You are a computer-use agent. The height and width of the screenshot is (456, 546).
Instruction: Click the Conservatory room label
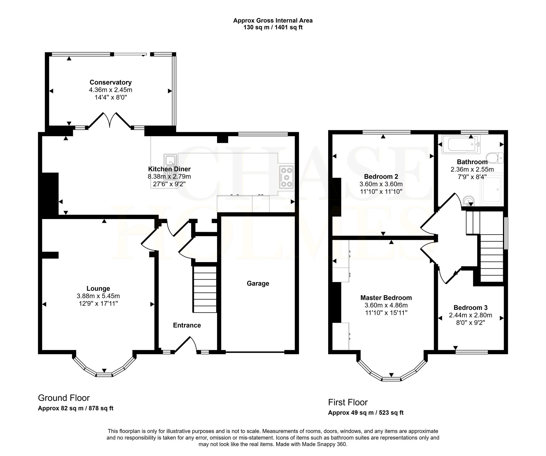pyautogui.click(x=111, y=82)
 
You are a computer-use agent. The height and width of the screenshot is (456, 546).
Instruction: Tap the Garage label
pyautogui.click(x=258, y=283)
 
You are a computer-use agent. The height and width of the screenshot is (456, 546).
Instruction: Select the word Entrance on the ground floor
pyautogui.click(x=187, y=325)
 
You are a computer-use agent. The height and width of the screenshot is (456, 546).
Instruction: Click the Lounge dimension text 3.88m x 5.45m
pyautogui.click(x=98, y=296)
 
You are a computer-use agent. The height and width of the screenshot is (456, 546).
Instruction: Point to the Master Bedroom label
pyautogui.click(x=386, y=298)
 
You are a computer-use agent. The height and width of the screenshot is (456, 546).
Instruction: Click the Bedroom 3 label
pyautogui.click(x=471, y=308)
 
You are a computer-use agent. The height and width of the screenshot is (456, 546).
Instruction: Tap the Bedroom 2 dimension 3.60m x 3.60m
pyautogui.click(x=381, y=184)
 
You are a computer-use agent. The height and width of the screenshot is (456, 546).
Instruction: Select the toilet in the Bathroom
pyautogui.click(x=497, y=158)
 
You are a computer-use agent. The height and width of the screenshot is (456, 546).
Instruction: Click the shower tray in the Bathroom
pyautogui.click(x=492, y=189)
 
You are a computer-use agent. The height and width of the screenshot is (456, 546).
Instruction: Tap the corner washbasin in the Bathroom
pyautogui.click(x=469, y=201)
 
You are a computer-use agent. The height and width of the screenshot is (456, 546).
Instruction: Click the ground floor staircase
pyautogui.click(x=205, y=289)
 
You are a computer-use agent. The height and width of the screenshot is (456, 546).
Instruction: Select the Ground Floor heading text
pyautogui.click(x=64, y=398)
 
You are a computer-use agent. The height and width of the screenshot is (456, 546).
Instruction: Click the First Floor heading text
pyautogui.click(x=348, y=402)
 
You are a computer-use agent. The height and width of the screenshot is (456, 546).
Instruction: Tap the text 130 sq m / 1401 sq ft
pyautogui.click(x=273, y=27)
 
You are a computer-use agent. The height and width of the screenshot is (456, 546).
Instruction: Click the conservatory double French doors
pyautogui.click(x=110, y=120)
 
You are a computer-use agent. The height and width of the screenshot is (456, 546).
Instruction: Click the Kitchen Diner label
pyautogui.click(x=169, y=169)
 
